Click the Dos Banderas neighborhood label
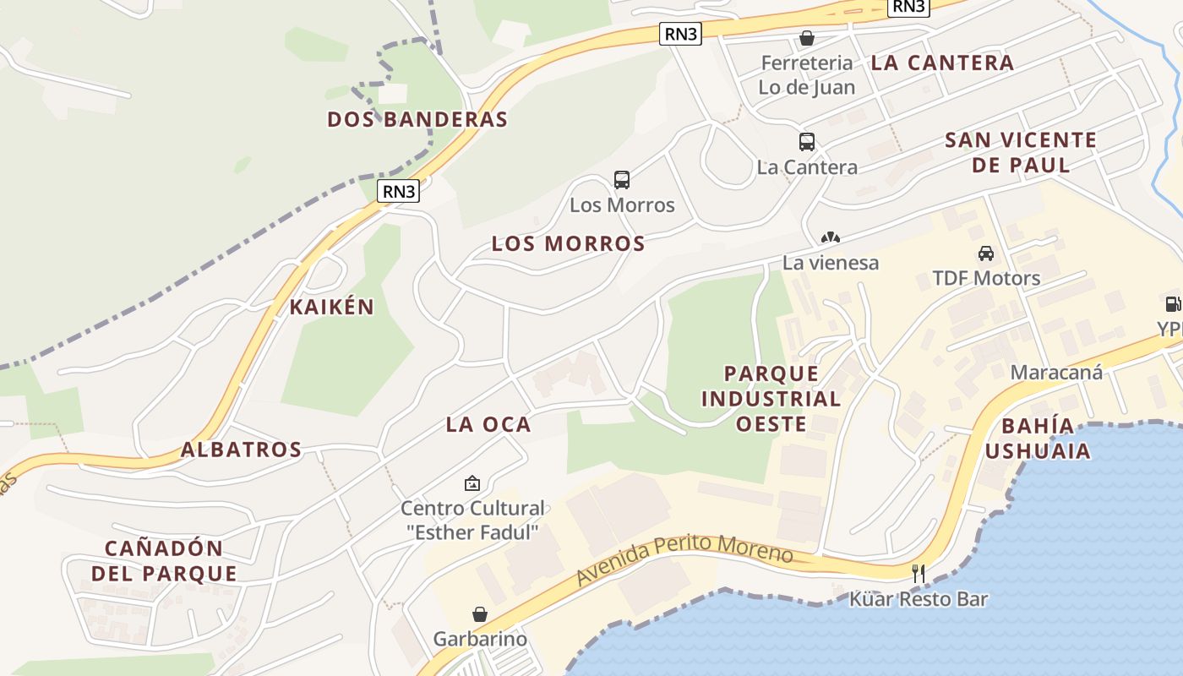[417, 119]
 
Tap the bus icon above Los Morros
[622, 179]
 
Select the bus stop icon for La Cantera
[807, 142]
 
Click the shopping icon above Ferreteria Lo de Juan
[807, 38]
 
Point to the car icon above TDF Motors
[986, 253]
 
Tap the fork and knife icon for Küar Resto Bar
[919, 574]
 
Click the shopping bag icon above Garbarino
[479, 613]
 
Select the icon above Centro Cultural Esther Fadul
[472, 483]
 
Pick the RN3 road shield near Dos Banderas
[400, 191]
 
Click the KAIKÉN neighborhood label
[331, 307]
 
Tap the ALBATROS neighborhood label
[241, 450]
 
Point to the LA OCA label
[488, 424]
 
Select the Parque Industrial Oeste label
[771, 399]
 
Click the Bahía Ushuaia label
[1038, 438]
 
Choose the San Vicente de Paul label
[1021, 152]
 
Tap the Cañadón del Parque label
[164, 560]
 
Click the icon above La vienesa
[831, 237]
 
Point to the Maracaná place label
[1056, 372]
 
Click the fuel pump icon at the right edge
[1173, 304]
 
